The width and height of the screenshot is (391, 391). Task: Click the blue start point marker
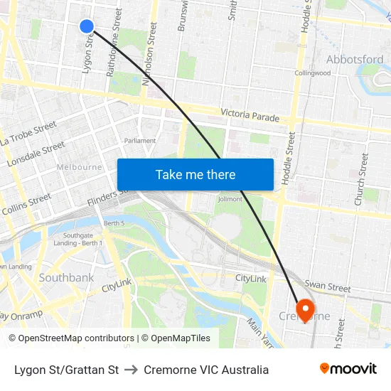pyautogui.click(x=87, y=26)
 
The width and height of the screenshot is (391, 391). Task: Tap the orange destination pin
pyautogui.click(x=305, y=309)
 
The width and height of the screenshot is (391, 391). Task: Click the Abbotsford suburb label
pyautogui.click(x=354, y=60)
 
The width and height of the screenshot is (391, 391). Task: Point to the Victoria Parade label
pyautogui.click(x=250, y=114)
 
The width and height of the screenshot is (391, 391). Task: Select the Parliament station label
pyautogui.click(x=140, y=141)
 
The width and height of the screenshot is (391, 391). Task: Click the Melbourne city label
pyautogui.click(x=79, y=167)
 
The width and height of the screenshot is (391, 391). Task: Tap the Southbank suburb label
pyautogui.click(x=66, y=277)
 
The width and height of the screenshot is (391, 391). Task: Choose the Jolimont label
pyautogui.click(x=230, y=199)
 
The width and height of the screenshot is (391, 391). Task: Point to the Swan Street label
pyautogui.click(x=328, y=287)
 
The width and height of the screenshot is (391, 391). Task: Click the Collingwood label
pyautogui.click(x=313, y=73)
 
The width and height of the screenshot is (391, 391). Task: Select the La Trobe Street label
pyautogui.click(x=28, y=133)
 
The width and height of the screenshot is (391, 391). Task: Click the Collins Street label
pyautogui.click(x=26, y=205)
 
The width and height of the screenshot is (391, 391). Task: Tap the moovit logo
pyautogui.click(x=348, y=369)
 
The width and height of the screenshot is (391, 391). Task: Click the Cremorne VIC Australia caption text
pyautogui.click(x=206, y=370)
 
